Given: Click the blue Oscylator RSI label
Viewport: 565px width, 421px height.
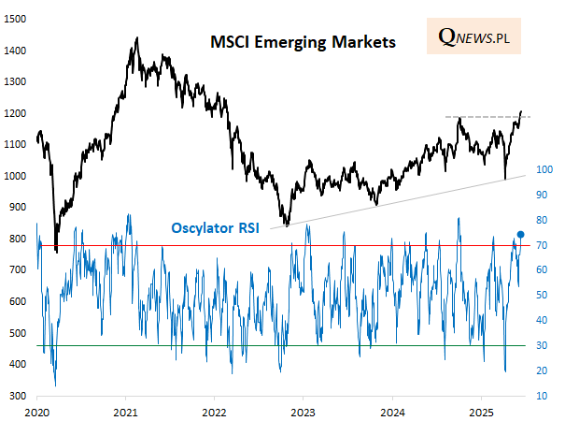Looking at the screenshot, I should (214, 226).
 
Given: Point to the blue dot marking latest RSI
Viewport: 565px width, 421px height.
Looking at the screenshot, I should (520, 234).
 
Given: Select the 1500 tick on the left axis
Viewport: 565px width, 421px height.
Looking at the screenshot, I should (16, 18).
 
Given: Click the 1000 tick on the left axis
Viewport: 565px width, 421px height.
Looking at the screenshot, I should (16, 176).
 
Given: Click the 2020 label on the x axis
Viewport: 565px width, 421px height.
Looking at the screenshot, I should (37, 412).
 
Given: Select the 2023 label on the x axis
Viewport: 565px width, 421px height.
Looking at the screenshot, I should (304, 412).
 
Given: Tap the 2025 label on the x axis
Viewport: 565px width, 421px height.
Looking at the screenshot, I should (481, 412).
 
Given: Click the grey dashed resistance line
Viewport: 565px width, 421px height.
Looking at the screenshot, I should (486, 117).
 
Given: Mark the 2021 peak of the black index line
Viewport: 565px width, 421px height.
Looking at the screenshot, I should (137, 38).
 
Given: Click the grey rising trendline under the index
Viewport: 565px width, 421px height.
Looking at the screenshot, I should (402, 198).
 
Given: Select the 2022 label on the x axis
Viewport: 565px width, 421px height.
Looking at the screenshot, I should (215, 412).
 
